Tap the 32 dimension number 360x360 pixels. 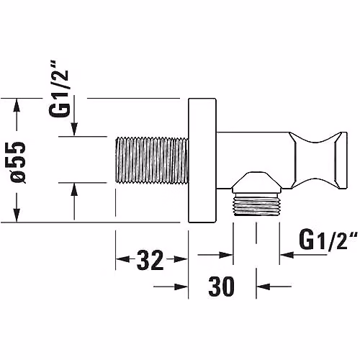[x=150, y=260]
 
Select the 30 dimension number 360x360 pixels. [x=221, y=287]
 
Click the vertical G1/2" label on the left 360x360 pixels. [x=59, y=89]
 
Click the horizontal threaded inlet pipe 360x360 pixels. [x=152, y=160]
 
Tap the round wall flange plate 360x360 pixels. [x=202, y=161]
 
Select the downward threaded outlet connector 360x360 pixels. [x=256, y=204]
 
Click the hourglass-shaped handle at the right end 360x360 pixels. [x=318, y=160]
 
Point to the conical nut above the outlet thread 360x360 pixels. [x=256, y=182]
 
